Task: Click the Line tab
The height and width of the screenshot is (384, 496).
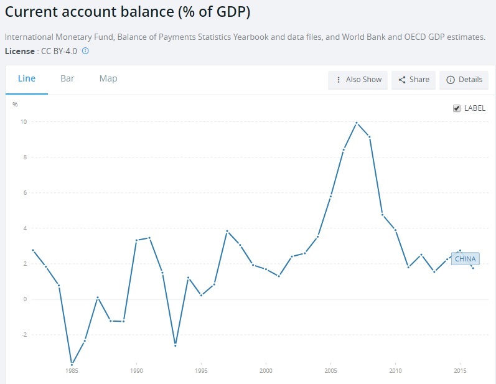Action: (x=27, y=78)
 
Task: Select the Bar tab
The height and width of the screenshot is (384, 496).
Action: (x=67, y=78)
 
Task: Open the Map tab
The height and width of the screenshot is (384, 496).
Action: (x=108, y=78)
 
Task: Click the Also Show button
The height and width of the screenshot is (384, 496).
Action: (x=358, y=80)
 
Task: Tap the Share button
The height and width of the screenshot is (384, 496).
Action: (x=414, y=80)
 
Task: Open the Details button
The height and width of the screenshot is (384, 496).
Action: (x=464, y=80)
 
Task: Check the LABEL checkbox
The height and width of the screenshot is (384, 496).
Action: (x=457, y=108)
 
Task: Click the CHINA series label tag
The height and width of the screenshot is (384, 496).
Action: (x=466, y=259)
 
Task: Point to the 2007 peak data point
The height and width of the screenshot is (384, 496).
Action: (x=357, y=123)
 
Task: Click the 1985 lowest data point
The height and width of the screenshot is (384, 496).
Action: (x=72, y=364)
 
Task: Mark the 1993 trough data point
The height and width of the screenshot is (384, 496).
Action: (x=175, y=345)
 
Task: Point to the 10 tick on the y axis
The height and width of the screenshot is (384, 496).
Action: (x=23, y=121)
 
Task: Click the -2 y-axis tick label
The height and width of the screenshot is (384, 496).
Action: (x=23, y=335)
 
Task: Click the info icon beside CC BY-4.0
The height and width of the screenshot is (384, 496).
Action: (x=85, y=51)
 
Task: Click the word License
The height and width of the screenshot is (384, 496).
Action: (x=19, y=51)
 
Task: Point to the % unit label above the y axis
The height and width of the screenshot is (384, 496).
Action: (x=15, y=104)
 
